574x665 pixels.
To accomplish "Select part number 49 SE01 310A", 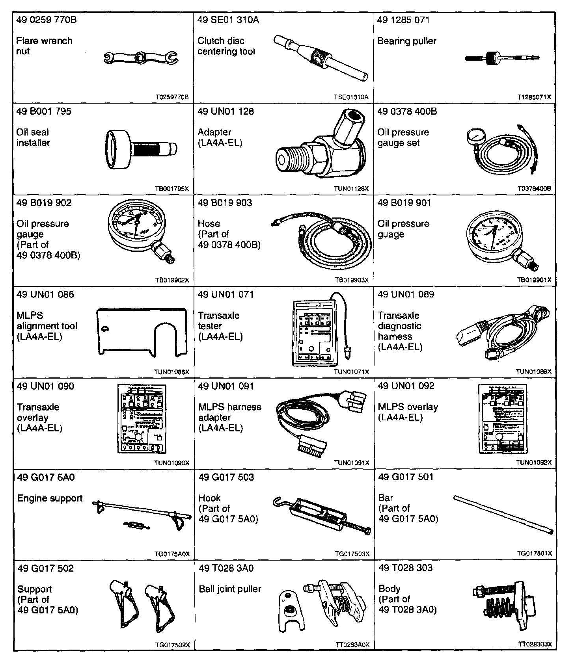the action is (228, 20).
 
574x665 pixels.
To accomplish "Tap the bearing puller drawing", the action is (502, 58).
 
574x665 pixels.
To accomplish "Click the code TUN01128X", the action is (351, 189).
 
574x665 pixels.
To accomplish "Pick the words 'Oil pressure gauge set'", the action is (403, 137).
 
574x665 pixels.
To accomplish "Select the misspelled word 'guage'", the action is (391, 234).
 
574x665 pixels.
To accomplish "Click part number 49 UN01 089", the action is (406, 294).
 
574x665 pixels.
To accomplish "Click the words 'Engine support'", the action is (50, 498).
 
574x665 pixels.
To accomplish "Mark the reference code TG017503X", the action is (352, 554).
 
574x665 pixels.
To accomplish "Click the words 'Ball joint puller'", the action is (230, 589).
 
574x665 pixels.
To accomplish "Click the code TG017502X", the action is (172, 645).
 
